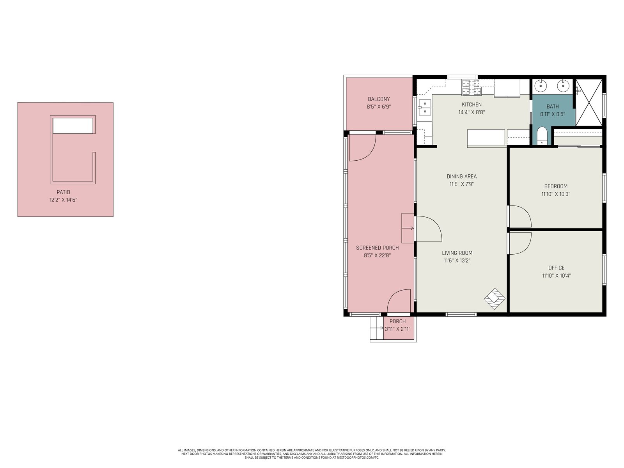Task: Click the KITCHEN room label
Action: (472, 105)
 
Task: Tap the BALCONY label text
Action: (379, 99)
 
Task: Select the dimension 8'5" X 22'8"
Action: (377, 255)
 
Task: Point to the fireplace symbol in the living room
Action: (495, 299)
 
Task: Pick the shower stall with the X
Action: (589, 103)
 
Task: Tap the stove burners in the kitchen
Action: (472, 87)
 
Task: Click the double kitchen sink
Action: (424, 107)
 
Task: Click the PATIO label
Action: (64, 192)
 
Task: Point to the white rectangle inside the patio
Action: (73, 126)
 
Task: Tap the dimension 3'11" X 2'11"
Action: (397, 329)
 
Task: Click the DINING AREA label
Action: (462, 176)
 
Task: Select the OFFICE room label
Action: (557, 268)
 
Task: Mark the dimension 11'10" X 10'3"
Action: (556, 194)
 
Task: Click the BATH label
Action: (553, 106)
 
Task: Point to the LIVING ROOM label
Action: (457, 253)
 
